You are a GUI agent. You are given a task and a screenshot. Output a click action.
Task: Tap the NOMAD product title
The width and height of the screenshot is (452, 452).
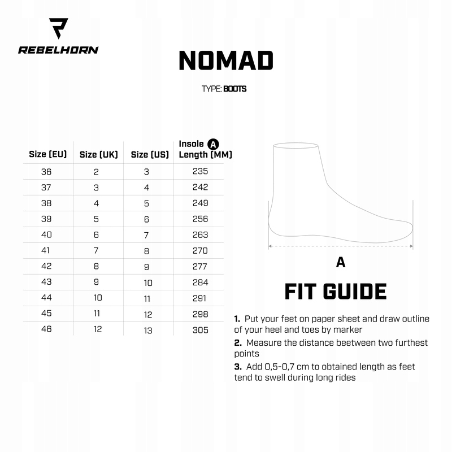pos(226,60)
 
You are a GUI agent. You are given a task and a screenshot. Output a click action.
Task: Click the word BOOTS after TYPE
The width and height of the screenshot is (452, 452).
pos(234,89)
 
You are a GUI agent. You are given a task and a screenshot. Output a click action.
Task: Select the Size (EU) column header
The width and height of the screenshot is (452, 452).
pos(48,154)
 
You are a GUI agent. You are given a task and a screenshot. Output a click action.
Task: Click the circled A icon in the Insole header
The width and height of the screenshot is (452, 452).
pos(213,144)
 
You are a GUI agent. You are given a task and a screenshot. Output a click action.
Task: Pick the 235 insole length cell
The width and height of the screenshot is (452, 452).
pos(200,171)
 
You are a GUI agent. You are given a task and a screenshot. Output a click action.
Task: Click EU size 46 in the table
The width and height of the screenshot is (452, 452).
pos(46,329)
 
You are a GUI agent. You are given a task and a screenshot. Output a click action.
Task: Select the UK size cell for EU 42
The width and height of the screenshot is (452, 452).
pos(96,266)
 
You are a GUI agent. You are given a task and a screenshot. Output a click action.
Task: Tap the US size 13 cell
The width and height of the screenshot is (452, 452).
pos(147,330)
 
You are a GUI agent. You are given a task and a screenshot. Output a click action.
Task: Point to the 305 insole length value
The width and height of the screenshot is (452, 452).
pos(200,330)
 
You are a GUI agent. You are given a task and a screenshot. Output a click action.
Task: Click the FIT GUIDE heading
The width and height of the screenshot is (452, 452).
pos(335,292)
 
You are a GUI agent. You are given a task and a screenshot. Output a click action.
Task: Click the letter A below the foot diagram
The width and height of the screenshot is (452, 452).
pos(340,262)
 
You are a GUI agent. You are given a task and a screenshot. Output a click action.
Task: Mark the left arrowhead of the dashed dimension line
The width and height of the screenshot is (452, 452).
pos(270,246)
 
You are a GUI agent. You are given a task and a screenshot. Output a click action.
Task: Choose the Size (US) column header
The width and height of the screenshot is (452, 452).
pos(150,154)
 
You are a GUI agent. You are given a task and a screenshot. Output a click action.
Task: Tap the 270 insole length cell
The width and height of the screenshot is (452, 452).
pos(200,250)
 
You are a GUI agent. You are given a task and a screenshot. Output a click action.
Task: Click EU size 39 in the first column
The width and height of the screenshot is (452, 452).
pos(46,219)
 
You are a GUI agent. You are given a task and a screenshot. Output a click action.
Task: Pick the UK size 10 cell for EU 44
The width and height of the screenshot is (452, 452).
pos(97,298)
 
